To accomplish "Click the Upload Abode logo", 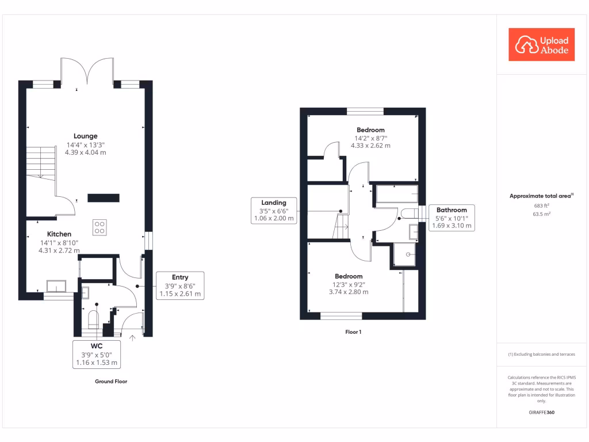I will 542,44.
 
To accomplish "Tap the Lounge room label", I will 86,136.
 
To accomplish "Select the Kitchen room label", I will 59,234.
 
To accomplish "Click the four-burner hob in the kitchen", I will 99,227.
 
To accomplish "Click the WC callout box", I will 97,354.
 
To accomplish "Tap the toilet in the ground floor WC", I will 93,319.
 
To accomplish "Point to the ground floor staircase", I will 40,162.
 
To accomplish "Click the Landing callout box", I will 274,211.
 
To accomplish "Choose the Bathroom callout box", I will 452,218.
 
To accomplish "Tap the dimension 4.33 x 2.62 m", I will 370,146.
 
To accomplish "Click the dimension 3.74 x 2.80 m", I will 349,292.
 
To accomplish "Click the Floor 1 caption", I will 353,332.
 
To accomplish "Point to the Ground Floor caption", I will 111,382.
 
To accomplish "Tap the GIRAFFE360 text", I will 541,413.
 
